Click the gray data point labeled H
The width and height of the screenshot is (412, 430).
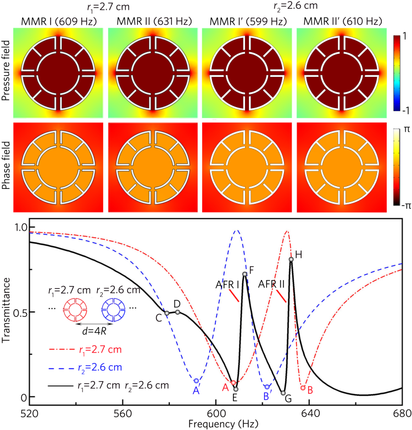click(291, 260)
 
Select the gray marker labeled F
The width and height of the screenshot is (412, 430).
click(244, 274)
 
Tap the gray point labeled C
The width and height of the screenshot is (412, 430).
click(166, 314)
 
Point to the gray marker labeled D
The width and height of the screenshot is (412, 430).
click(177, 312)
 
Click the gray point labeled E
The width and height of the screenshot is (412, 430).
click(236, 389)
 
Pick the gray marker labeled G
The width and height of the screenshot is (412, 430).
click(283, 393)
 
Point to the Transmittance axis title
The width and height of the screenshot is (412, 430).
click(6, 312)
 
